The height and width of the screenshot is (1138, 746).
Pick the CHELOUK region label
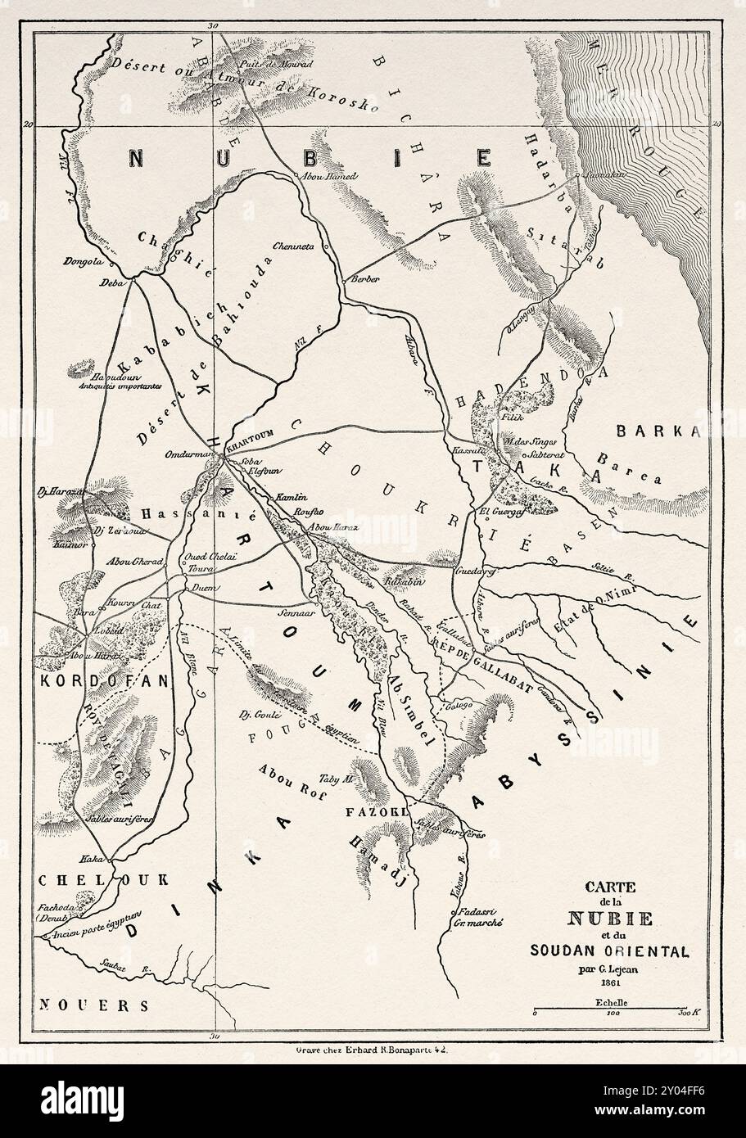[x=102, y=880]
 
